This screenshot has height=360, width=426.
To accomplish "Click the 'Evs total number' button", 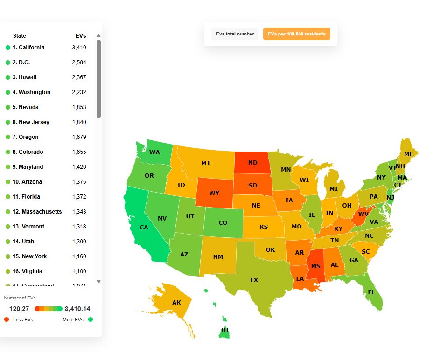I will pyautogui.click(x=235, y=34).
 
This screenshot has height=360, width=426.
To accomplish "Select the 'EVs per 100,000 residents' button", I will pyautogui.click(x=296, y=34).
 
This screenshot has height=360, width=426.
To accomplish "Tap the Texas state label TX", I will pyautogui.click(x=254, y=280).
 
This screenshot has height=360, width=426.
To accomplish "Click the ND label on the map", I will pyautogui.click(x=252, y=163).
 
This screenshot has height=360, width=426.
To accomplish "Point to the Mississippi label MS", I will pyautogui.click(x=316, y=266).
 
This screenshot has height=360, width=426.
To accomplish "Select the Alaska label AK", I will pyautogui.click(x=176, y=303).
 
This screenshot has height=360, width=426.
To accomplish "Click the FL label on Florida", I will pyautogui.click(x=371, y=292).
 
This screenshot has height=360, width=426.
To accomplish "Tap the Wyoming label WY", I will pyautogui.click(x=214, y=193).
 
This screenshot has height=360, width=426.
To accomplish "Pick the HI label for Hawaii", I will pyautogui.click(x=225, y=330).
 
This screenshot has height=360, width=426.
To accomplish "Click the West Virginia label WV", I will pyautogui.click(x=363, y=215).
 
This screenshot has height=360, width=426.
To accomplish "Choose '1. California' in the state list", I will pyautogui.click(x=28, y=48).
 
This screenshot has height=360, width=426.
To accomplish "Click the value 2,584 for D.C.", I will pyautogui.click(x=79, y=62).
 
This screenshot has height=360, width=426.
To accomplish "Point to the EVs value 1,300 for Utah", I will pyautogui.click(x=79, y=242).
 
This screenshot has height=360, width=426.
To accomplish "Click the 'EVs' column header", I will pyautogui.click(x=81, y=36).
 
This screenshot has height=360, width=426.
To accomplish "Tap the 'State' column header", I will pyautogui.click(x=20, y=36).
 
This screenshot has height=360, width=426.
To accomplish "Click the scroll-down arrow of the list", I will pyautogui.click(x=98, y=282).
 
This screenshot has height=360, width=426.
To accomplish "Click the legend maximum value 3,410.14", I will pyautogui.click(x=77, y=309).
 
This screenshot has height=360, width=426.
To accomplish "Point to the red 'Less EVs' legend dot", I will pyautogui.click(x=7, y=319).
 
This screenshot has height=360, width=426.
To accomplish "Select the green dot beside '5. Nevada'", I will pyautogui.click(x=7, y=107).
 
